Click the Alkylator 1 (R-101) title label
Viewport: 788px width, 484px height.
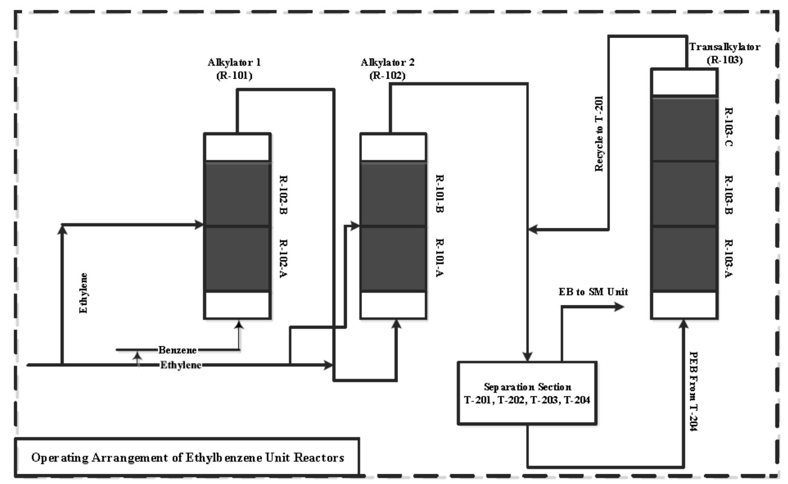(234, 69)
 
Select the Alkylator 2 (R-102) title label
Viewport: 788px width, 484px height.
(387, 69)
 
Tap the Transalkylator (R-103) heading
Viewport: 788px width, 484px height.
(724, 53)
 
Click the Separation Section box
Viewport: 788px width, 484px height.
(527, 393)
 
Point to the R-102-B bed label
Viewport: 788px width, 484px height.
(283, 195)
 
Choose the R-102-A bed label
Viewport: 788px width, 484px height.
(283, 259)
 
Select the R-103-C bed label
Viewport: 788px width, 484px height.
(729, 127)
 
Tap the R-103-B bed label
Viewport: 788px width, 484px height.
(729, 195)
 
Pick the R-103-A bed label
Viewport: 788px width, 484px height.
(729, 259)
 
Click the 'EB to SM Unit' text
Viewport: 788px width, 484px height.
(593, 292)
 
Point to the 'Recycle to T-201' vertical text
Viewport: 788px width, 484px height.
(599, 134)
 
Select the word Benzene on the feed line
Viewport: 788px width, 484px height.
(177, 350)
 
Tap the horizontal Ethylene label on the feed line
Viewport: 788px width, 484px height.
(180, 365)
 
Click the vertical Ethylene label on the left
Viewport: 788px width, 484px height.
(84, 293)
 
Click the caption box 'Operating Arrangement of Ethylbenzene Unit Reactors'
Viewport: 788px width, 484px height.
(187, 457)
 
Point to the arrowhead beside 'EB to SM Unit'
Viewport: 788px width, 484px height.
(619, 307)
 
